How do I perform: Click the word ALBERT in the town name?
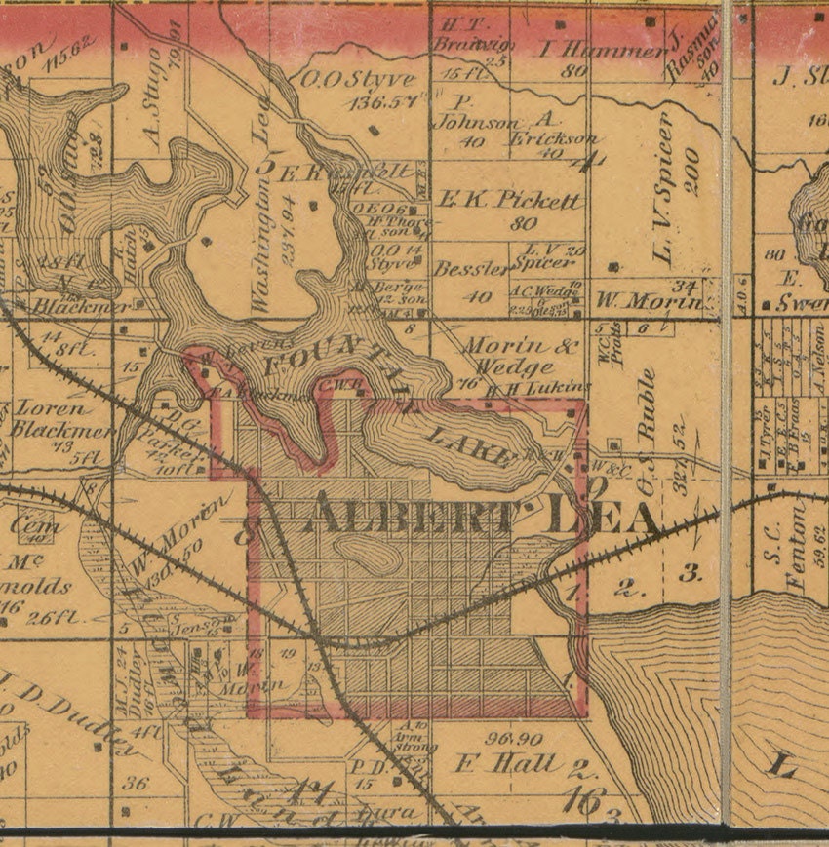click(410, 515)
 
